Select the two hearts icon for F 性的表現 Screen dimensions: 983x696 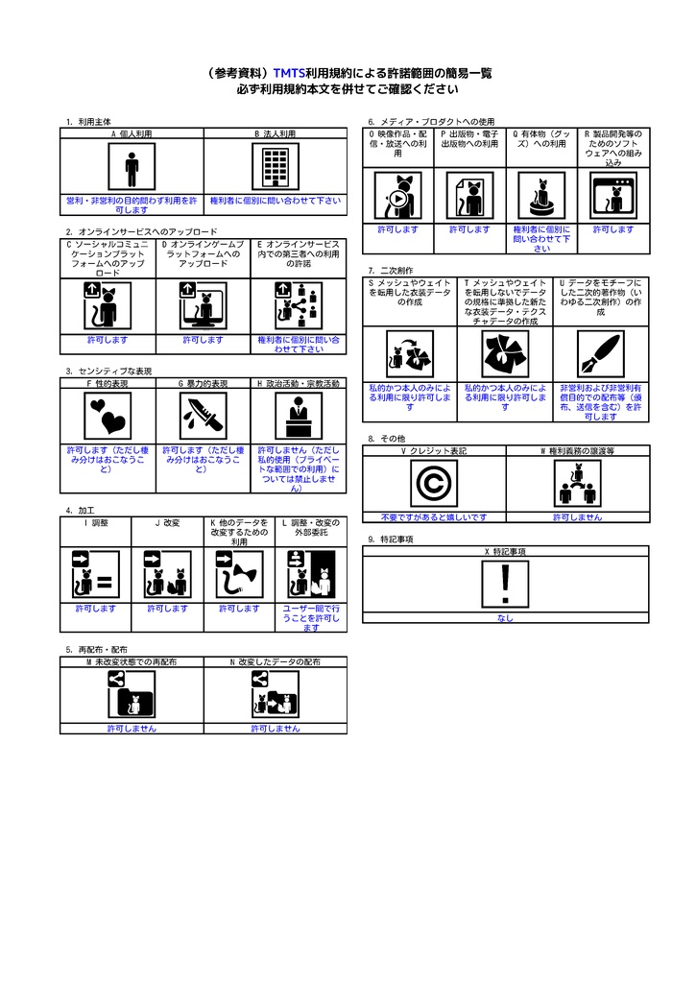tap(108, 416)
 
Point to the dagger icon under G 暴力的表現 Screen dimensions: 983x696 tap(203, 416)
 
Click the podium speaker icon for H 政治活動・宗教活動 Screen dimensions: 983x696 tap(299, 416)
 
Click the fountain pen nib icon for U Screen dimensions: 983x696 tap(600, 355)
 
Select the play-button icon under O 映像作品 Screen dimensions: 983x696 tap(396, 198)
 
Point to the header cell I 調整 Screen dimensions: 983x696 tap(96, 523)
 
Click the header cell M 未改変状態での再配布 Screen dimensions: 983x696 tap(132, 662)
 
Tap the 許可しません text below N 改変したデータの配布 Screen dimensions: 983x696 tap(276, 729)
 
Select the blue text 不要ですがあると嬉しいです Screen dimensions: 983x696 tap(433, 516)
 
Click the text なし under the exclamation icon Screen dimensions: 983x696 tap(505, 618)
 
